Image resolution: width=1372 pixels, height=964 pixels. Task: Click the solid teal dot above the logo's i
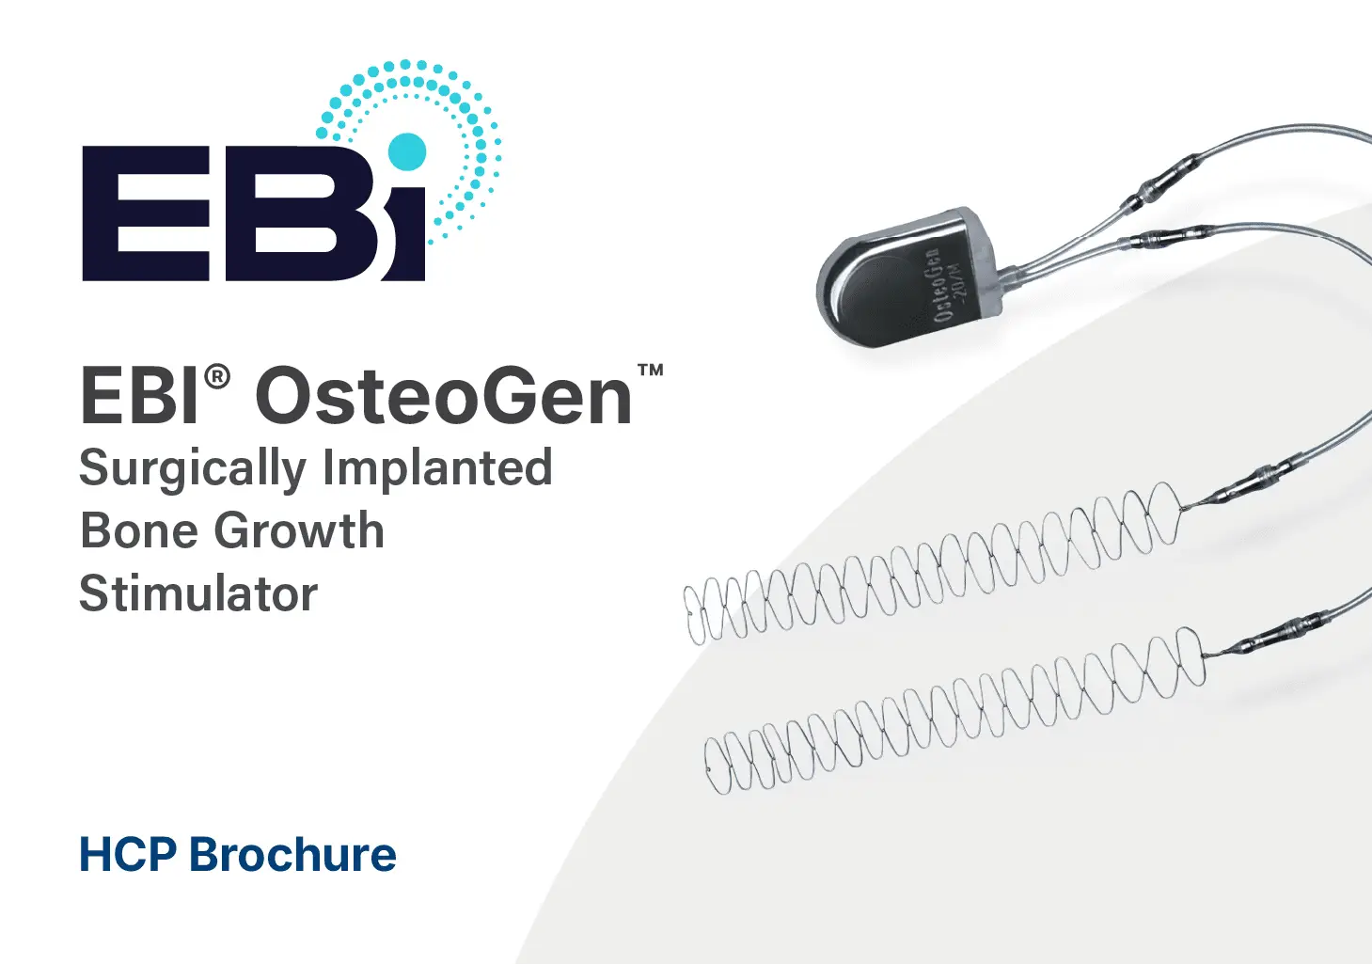tap(406, 151)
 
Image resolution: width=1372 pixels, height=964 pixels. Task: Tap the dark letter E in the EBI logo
tap(146, 213)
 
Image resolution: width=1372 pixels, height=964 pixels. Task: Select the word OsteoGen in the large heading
tap(444, 396)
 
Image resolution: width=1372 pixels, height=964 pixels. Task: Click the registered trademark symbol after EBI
tap(217, 376)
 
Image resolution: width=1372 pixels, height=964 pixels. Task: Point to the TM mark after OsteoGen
tap(651, 370)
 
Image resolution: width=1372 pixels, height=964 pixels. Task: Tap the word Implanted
tap(437, 466)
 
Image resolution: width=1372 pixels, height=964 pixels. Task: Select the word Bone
tap(139, 530)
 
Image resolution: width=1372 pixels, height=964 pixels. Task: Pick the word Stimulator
tap(198, 593)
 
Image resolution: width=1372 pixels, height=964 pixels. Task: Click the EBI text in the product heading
tap(140, 396)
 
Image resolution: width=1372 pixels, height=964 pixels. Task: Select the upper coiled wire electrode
tap(932, 564)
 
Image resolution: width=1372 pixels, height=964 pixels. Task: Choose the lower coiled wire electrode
tap(955, 710)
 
